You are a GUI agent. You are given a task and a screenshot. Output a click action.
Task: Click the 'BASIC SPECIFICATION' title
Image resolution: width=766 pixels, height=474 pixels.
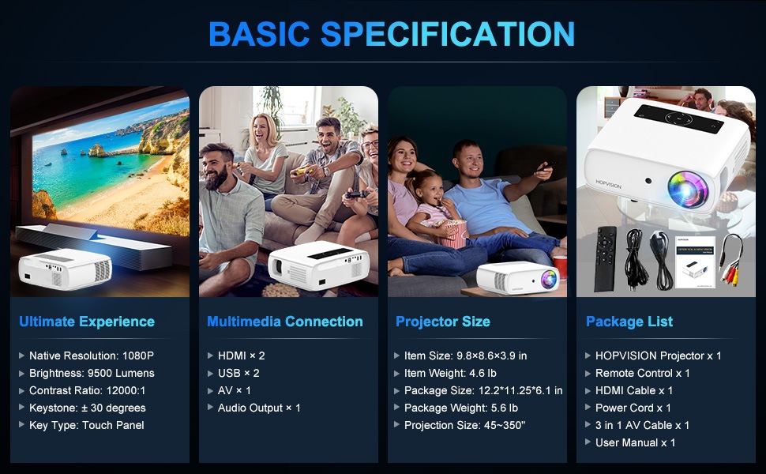point(392,34)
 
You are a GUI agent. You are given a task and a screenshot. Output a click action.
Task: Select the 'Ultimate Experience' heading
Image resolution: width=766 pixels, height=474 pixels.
point(87,322)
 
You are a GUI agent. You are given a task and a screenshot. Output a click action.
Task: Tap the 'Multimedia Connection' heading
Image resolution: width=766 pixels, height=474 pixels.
point(285,322)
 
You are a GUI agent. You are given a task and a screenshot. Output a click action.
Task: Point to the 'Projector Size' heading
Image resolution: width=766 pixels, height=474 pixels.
point(442,322)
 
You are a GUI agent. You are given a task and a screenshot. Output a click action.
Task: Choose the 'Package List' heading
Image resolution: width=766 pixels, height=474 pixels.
point(629,322)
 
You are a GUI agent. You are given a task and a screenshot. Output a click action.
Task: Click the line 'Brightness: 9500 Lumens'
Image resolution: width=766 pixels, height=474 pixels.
point(92,374)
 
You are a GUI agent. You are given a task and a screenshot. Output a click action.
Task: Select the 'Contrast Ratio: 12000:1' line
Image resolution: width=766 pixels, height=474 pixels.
point(88,390)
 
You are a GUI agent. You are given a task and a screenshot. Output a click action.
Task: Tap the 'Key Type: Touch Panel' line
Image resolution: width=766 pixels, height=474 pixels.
point(86,425)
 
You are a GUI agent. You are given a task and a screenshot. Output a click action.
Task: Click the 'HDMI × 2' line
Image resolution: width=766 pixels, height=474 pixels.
point(242,355)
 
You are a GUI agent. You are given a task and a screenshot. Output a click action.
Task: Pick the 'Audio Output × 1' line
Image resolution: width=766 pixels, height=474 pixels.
point(259,408)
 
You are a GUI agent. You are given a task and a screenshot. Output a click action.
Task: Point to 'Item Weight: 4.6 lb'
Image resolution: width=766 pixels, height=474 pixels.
point(450,374)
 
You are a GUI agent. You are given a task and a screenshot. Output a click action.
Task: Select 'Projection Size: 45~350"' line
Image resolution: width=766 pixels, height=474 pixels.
point(464,425)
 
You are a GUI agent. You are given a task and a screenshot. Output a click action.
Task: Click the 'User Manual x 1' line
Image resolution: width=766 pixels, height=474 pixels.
point(635,442)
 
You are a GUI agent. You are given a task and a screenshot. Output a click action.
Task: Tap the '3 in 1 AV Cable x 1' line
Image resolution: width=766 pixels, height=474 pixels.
point(642,425)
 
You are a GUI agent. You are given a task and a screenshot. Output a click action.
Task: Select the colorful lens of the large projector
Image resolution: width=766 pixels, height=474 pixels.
point(687,189)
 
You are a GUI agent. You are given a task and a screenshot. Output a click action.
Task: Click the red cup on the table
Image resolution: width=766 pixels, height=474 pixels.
point(561,267)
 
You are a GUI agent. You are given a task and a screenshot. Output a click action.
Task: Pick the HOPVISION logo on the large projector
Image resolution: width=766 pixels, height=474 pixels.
point(608,185)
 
